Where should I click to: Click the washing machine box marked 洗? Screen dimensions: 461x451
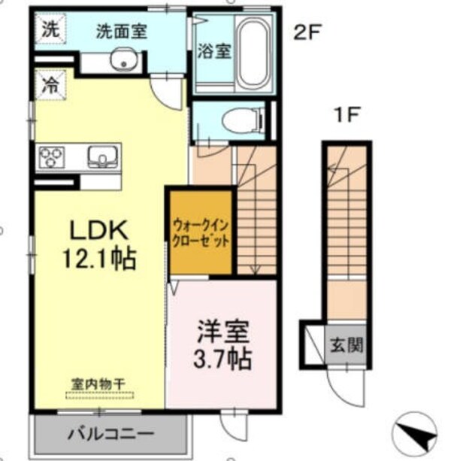(x=50, y=31)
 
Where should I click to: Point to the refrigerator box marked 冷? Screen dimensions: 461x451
(x=50, y=83)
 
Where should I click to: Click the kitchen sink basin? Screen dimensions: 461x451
(x=101, y=157)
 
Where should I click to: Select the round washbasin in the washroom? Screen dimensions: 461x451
(x=121, y=62)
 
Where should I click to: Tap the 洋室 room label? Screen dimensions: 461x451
(x=219, y=330)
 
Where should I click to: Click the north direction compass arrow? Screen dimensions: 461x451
(x=417, y=435)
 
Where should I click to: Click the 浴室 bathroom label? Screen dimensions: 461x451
(x=213, y=52)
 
